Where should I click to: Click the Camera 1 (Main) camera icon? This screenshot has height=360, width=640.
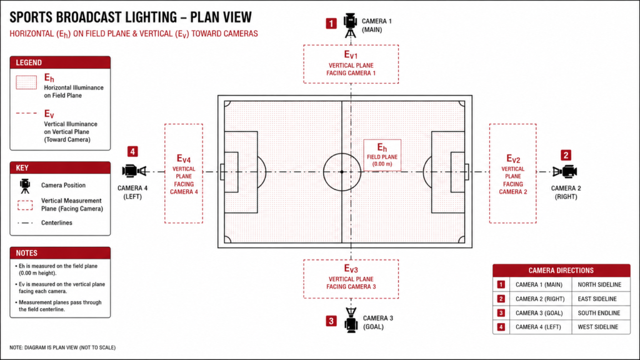(350, 25)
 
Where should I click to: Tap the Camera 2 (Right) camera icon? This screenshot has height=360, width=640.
(565, 171)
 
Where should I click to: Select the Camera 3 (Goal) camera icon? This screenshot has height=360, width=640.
(351, 321)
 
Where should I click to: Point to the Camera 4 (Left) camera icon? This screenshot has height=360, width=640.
(134, 171)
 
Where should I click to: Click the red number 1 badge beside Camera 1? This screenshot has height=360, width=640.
(331, 24)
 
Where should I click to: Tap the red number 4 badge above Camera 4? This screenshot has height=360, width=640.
(132, 152)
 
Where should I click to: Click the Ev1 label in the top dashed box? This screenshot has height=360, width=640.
(351, 55)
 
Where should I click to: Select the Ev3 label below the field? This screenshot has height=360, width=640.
(351, 269)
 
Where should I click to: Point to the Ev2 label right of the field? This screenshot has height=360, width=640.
(513, 158)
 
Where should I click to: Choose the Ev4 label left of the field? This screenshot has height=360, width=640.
(184, 158)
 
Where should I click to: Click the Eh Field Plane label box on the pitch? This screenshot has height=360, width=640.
(382, 155)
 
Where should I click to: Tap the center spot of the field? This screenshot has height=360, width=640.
(342, 172)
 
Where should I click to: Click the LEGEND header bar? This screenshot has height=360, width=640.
(60, 62)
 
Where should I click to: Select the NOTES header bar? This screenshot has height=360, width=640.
(60, 253)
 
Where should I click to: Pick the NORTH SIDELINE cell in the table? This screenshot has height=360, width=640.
(599, 284)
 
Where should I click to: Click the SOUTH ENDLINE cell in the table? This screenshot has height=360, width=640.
(599, 313)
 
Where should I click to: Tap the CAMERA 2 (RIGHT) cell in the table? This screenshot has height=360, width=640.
(540, 299)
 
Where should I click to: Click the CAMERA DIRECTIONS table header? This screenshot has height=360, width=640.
(561, 271)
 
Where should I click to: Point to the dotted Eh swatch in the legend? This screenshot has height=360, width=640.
(26, 82)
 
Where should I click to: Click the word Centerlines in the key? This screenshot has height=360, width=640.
(57, 223)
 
